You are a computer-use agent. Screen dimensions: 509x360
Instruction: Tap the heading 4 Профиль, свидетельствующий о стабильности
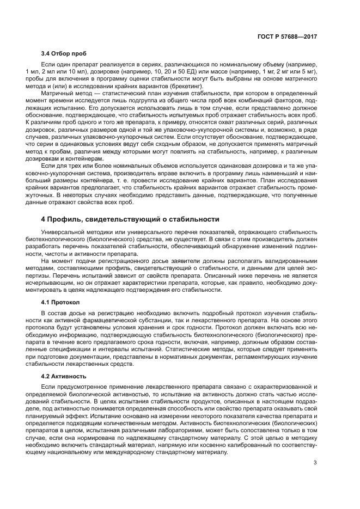coord(130,219)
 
